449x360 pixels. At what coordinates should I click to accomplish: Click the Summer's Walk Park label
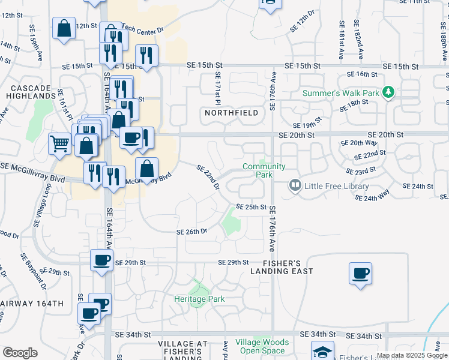pos(340,93)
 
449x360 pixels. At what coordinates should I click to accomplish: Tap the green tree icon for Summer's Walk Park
pos(388,92)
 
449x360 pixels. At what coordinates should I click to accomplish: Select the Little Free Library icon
pos(295,185)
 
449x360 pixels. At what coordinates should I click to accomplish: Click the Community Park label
pos(264,170)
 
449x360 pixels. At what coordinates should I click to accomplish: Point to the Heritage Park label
pos(199,298)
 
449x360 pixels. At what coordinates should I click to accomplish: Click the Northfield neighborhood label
pos(232,113)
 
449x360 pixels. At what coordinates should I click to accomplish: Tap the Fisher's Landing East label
pos(282,267)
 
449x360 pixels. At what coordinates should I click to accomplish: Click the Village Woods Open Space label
pos(262,346)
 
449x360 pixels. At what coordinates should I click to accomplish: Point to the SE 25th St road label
pos(251,206)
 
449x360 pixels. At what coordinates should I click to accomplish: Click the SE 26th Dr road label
pos(191,231)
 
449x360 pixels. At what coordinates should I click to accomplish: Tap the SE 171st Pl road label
pos(218,88)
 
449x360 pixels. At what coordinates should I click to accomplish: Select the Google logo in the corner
pos(20,353)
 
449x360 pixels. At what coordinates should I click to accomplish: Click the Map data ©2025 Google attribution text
pos(412,355)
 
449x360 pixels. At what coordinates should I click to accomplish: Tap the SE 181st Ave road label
pos(341,40)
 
